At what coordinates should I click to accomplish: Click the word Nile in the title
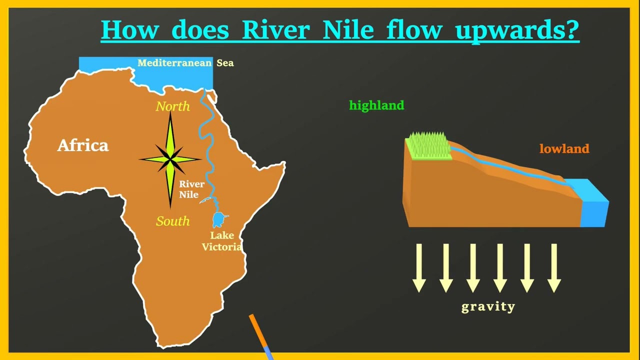(348, 29)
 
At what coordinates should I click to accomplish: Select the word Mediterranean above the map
(174, 63)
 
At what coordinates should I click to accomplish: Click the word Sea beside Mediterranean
(225, 63)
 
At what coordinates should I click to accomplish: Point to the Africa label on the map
(83, 145)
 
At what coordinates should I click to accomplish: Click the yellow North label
(172, 106)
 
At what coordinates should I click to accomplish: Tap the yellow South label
(172, 221)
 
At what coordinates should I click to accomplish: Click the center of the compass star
(170, 159)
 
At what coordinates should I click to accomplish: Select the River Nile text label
(191, 189)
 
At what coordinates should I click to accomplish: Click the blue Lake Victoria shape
(219, 219)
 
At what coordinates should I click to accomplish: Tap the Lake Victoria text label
(221, 241)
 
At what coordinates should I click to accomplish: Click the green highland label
(376, 105)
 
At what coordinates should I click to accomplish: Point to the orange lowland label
(564, 148)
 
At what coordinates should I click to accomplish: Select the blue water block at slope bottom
(591, 203)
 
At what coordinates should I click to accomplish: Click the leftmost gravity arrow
(419, 268)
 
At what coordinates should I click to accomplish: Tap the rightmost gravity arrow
(554, 268)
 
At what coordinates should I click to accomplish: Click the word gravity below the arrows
(488, 307)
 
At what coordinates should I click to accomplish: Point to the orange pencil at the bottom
(261, 336)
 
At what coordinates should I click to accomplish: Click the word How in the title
(129, 29)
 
